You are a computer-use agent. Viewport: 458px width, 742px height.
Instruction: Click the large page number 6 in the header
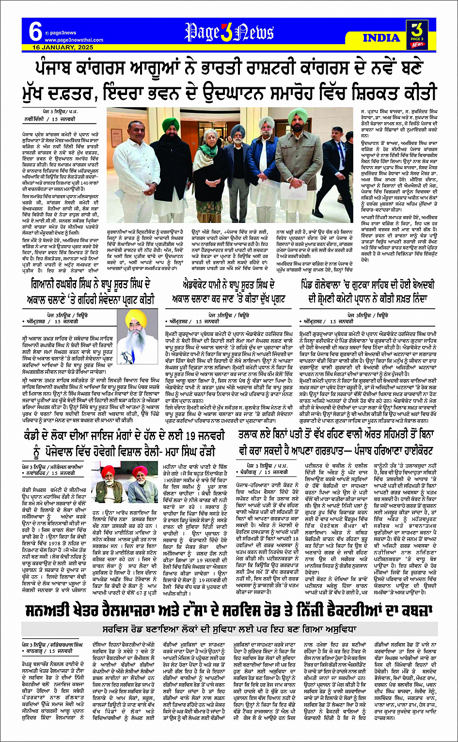tap(35, 32)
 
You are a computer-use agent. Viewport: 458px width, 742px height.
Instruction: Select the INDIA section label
tap(381, 38)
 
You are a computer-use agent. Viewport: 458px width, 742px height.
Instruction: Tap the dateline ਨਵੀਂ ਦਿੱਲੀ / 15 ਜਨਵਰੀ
tap(48, 119)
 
